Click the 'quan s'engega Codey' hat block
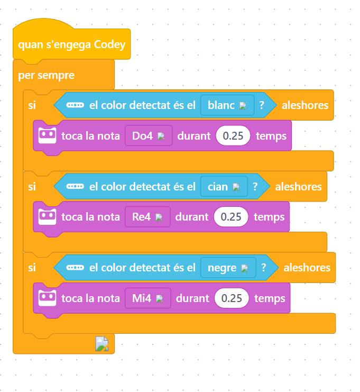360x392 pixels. click(x=71, y=45)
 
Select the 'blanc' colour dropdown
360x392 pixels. click(x=227, y=105)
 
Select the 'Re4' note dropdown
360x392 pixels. click(x=147, y=217)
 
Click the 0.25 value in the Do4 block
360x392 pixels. click(x=233, y=136)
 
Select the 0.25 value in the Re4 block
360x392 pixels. click(x=231, y=217)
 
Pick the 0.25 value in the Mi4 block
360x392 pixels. click(x=232, y=298)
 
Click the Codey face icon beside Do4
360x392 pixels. click(x=48, y=136)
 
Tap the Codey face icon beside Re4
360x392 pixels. click(x=48, y=217)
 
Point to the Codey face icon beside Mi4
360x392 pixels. click(x=48, y=298)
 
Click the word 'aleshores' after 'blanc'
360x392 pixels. click(x=305, y=105)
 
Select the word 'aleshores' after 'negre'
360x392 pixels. click(x=307, y=268)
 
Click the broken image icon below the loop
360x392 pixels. click(x=101, y=344)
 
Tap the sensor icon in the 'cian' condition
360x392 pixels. click(x=75, y=187)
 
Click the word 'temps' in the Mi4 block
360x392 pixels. click(x=270, y=298)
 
